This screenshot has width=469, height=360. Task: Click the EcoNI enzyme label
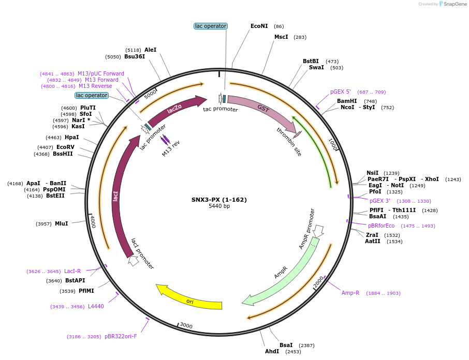259,26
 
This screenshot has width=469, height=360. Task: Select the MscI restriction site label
281,37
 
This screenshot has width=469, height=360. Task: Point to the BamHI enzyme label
347,101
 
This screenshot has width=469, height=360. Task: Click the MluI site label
61,223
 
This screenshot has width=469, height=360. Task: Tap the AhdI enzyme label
272,351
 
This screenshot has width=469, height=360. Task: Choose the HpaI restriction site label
72,137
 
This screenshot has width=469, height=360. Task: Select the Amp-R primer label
350,293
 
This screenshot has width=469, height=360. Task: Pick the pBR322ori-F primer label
121,336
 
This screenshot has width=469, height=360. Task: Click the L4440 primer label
96,306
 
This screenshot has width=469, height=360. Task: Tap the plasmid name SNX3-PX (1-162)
219,200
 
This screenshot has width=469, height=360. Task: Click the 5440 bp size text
219,206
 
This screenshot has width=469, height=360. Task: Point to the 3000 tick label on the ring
185,325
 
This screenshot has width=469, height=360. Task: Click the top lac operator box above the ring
211,26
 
